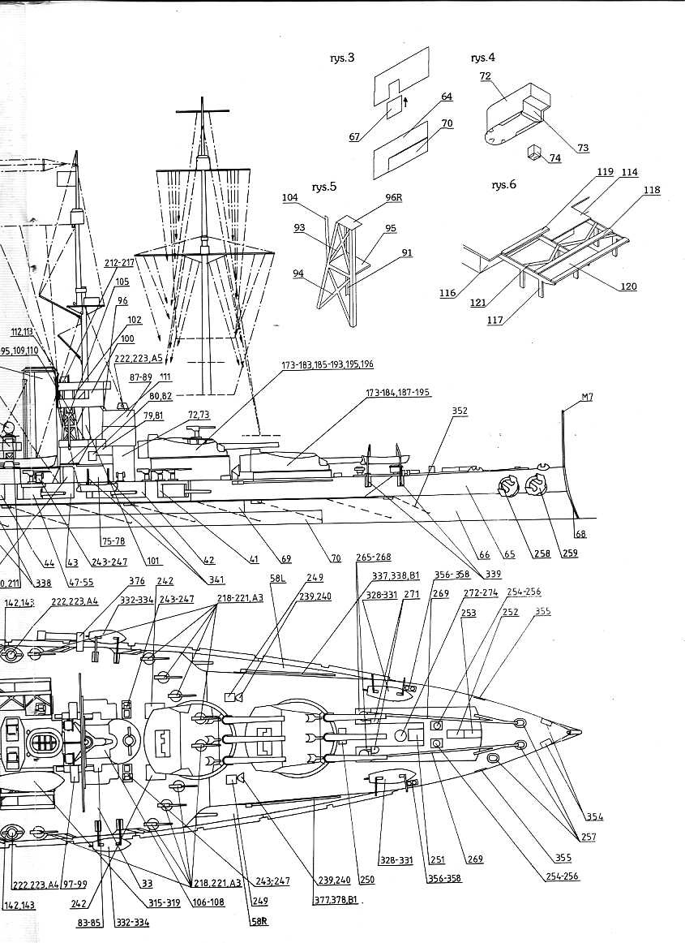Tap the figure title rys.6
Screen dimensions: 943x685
click(503, 185)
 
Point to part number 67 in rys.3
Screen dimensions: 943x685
click(354, 137)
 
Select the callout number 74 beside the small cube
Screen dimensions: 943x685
click(554, 158)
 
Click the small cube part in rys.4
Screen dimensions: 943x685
click(534, 152)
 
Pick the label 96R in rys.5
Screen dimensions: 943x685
click(394, 197)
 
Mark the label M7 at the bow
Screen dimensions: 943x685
click(588, 398)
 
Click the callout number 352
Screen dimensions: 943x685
click(460, 411)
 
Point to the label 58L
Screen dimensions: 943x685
click(278, 579)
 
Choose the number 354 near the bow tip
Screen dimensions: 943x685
click(594, 817)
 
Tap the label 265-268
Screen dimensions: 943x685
click(373, 558)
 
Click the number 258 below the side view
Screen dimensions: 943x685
click(542, 554)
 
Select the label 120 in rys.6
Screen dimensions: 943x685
click(628, 286)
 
